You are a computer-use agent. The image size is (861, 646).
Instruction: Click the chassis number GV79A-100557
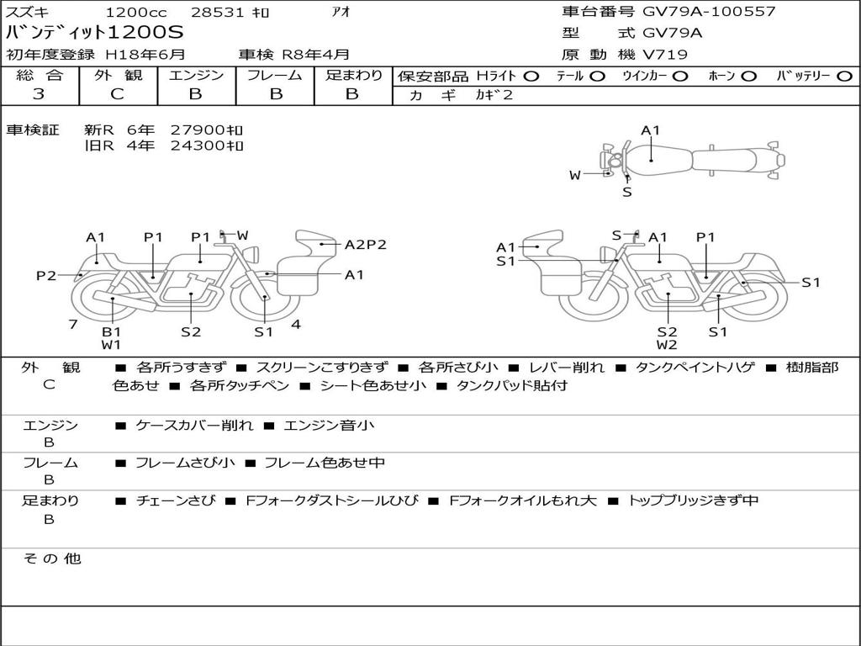tap(709, 11)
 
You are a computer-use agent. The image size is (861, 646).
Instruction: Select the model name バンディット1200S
tap(94, 33)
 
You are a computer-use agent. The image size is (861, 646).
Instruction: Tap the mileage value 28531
tap(216, 12)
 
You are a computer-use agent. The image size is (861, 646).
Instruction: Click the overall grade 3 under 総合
tap(39, 94)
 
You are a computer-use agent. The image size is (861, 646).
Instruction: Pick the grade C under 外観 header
tap(117, 94)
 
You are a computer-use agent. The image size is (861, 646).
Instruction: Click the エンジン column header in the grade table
tap(196, 75)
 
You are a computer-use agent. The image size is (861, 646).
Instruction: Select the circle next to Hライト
tap(531, 77)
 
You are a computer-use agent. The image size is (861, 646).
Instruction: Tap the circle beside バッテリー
tap(844, 77)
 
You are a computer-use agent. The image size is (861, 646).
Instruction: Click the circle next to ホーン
tap(749, 77)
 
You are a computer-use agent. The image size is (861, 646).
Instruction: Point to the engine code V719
tap(664, 55)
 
